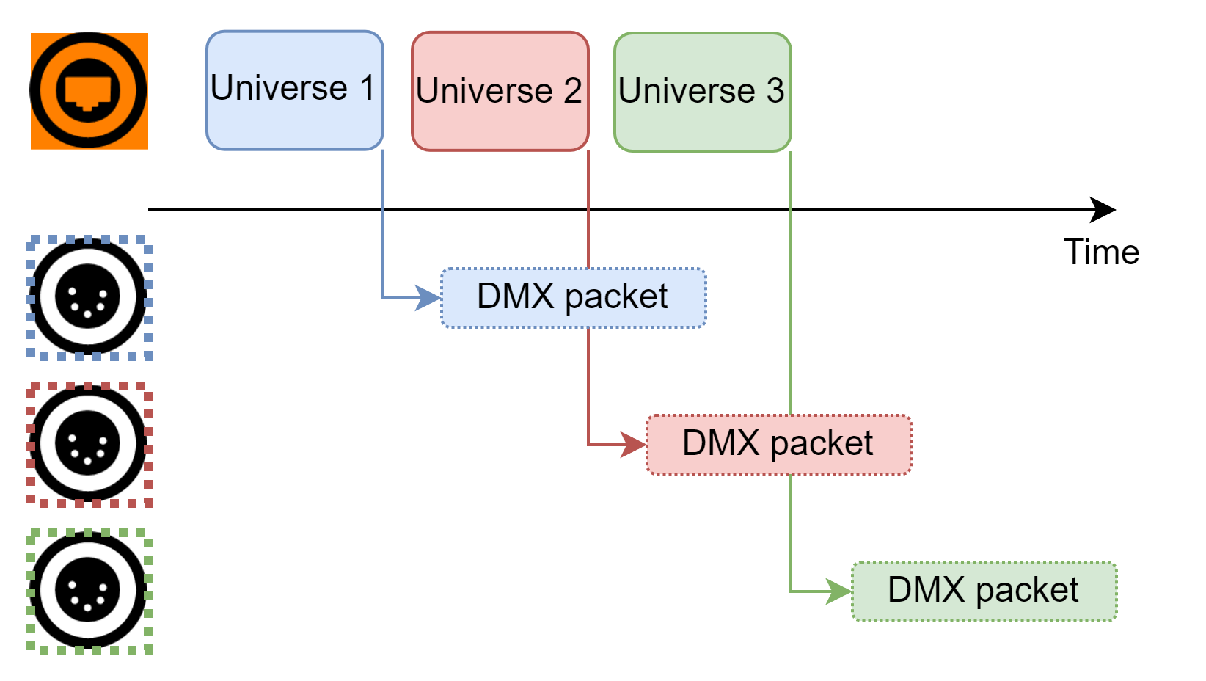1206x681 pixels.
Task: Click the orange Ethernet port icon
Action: coord(89,91)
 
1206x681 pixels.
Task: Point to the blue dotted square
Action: coord(89,298)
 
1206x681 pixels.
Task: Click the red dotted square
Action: coord(89,445)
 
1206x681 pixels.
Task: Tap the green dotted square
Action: coord(89,591)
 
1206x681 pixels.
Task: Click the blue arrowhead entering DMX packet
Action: coord(428,298)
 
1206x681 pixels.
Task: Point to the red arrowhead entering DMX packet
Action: coord(634,445)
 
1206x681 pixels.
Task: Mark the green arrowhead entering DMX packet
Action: coord(839,591)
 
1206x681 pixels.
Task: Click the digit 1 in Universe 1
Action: coord(368,88)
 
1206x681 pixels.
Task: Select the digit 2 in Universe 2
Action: coord(572,91)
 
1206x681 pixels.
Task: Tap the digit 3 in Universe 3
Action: coord(775,91)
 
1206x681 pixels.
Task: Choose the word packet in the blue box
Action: coord(616,297)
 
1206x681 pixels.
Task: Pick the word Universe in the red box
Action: coord(484,91)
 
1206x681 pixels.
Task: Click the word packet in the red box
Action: coord(822,444)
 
